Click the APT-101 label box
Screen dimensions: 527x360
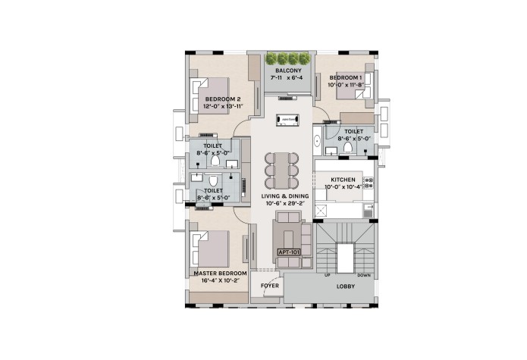289,252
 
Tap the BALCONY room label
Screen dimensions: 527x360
288,70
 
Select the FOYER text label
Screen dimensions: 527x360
270,286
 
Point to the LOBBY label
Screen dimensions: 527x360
346,286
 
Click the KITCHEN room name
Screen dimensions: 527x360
343,180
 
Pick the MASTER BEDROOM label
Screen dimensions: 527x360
220,274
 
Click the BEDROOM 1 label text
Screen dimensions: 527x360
346,77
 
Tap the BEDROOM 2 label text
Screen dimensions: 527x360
223,99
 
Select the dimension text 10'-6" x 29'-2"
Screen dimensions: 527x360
285,203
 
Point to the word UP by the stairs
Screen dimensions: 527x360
327,275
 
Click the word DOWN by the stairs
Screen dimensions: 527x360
364,275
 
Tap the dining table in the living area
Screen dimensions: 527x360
281,171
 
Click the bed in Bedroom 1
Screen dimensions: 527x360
356,86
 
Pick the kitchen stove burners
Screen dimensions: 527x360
369,183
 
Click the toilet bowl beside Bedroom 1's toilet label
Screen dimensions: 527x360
347,147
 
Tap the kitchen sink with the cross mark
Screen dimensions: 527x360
320,211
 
